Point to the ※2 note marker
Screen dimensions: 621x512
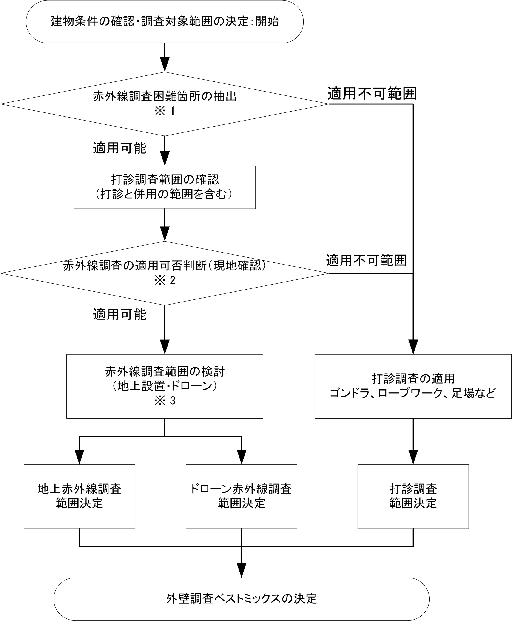tap(165, 280)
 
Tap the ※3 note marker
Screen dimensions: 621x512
tap(165, 400)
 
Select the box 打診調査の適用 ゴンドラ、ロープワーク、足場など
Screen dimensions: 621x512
tap(413, 386)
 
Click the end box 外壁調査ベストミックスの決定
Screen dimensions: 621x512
tap(241, 599)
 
